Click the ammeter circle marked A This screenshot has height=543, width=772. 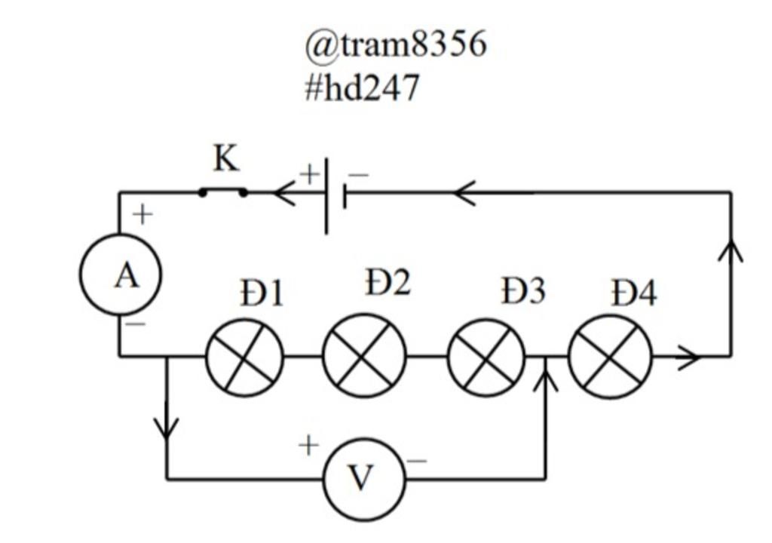pyautogui.click(x=121, y=275)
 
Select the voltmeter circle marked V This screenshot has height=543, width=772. pyautogui.click(x=363, y=478)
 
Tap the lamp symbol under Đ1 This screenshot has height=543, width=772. pyautogui.click(x=245, y=357)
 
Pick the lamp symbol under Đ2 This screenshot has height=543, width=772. pyautogui.click(x=364, y=355)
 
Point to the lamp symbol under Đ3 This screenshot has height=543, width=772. pyautogui.click(x=486, y=357)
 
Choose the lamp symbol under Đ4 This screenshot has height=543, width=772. pyautogui.click(x=610, y=357)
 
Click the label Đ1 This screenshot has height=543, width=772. pyautogui.click(x=262, y=293)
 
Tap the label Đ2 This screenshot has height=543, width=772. pyautogui.click(x=388, y=283)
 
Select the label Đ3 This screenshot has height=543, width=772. pyautogui.click(x=523, y=292)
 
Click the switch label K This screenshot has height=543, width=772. pyautogui.click(x=225, y=159)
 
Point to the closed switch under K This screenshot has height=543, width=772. pyautogui.click(x=222, y=192)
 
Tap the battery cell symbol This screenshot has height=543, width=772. pyautogui.click(x=335, y=195)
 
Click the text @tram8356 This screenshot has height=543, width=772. pyautogui.click(x=396, y=44)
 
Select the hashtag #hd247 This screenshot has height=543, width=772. pyautogui.click(x=361, y=88)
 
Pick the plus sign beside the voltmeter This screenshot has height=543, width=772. pyautogui.click(x=308, y=446)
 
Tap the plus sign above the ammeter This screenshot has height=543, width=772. pyautogui.click(x=142, y=215)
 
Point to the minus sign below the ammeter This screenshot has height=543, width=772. pyautogui.click(x=136, y=325)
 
